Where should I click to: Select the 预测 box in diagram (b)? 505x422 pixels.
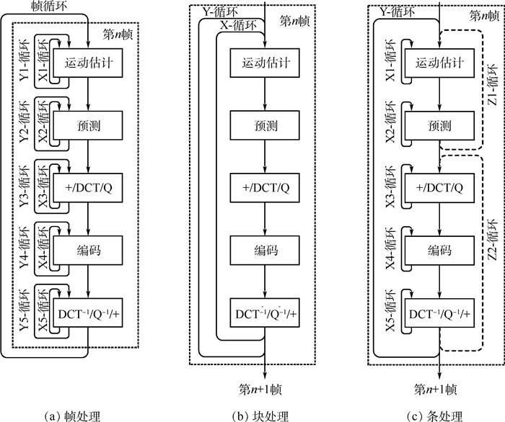pyautogui.click(x=265, y=125)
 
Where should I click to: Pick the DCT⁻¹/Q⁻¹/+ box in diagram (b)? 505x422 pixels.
pyautogui.click(x=265, y=314)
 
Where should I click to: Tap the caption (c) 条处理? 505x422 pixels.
pyautogui.click(x=434, y=415)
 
